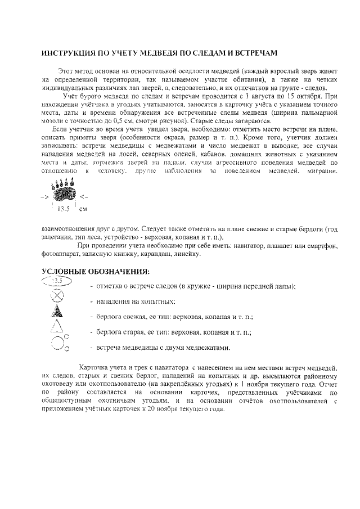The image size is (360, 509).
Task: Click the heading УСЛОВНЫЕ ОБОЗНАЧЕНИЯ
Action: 96,272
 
